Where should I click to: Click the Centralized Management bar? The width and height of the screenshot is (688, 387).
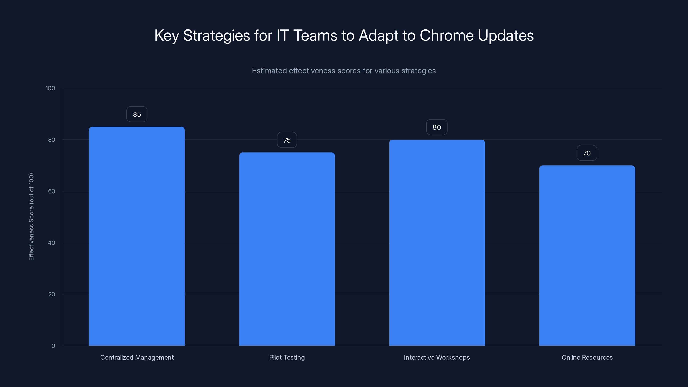coord(137,236)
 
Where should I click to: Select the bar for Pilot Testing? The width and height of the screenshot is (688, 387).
coord(287,249)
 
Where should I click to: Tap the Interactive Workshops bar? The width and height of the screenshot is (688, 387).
coord(437,243)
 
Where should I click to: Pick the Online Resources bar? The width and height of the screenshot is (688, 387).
coord(587,255)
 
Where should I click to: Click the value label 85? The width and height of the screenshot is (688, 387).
coord(137,114)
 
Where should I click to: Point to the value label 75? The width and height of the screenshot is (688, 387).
coord(287,140)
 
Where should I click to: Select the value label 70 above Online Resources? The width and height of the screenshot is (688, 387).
coord(587,153)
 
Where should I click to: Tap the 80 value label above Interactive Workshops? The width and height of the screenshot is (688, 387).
coord(437,127)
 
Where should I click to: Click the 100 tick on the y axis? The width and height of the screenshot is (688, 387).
coord(50,88)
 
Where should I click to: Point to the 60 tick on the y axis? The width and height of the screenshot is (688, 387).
coord(52,191)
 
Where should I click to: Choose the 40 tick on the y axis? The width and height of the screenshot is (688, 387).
coord(52,243)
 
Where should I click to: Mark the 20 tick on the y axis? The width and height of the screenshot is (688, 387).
coord(52,294)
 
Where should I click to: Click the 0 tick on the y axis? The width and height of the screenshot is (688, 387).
coord(53,346)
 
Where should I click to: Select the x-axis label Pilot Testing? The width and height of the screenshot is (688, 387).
coord(287,357)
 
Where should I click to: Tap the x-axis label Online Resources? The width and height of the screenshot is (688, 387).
coord(587,357)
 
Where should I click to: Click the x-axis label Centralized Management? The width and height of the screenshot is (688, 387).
coord(137,357)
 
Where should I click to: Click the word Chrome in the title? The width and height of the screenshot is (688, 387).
coord(447,35)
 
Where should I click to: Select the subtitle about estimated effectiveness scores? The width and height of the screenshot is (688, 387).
coord(344,71)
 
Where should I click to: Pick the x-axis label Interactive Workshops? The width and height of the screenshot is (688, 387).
coord(437,357)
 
